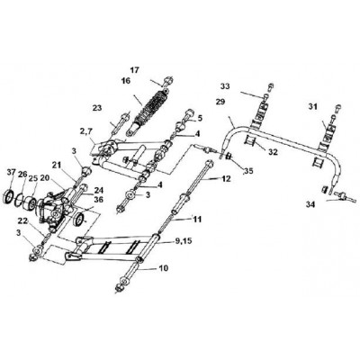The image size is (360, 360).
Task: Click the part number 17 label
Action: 135,70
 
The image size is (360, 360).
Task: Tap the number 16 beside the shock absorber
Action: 126,81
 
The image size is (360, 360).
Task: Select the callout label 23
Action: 97,108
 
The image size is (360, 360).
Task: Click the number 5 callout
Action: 201,118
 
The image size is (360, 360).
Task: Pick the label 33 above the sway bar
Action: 225,86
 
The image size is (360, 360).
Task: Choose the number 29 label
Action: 220,102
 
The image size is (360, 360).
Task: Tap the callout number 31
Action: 312,106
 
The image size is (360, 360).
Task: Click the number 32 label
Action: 273,152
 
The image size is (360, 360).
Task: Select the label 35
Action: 248,171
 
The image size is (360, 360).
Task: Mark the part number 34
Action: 310,205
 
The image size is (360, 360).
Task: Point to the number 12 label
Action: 226,179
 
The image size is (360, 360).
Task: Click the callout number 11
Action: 197,220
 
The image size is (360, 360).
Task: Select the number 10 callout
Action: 164,268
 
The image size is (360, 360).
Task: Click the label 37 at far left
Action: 12,172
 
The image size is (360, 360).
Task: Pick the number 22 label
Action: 22,221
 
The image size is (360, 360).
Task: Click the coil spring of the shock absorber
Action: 153,104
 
